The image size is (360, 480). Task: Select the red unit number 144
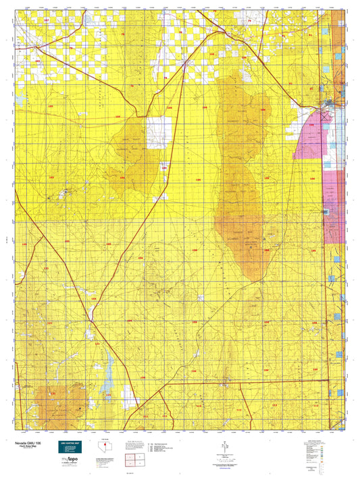pyautogui.click(x=93, y=298)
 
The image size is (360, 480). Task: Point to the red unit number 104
pyautogui.click(x=212, y=54)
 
